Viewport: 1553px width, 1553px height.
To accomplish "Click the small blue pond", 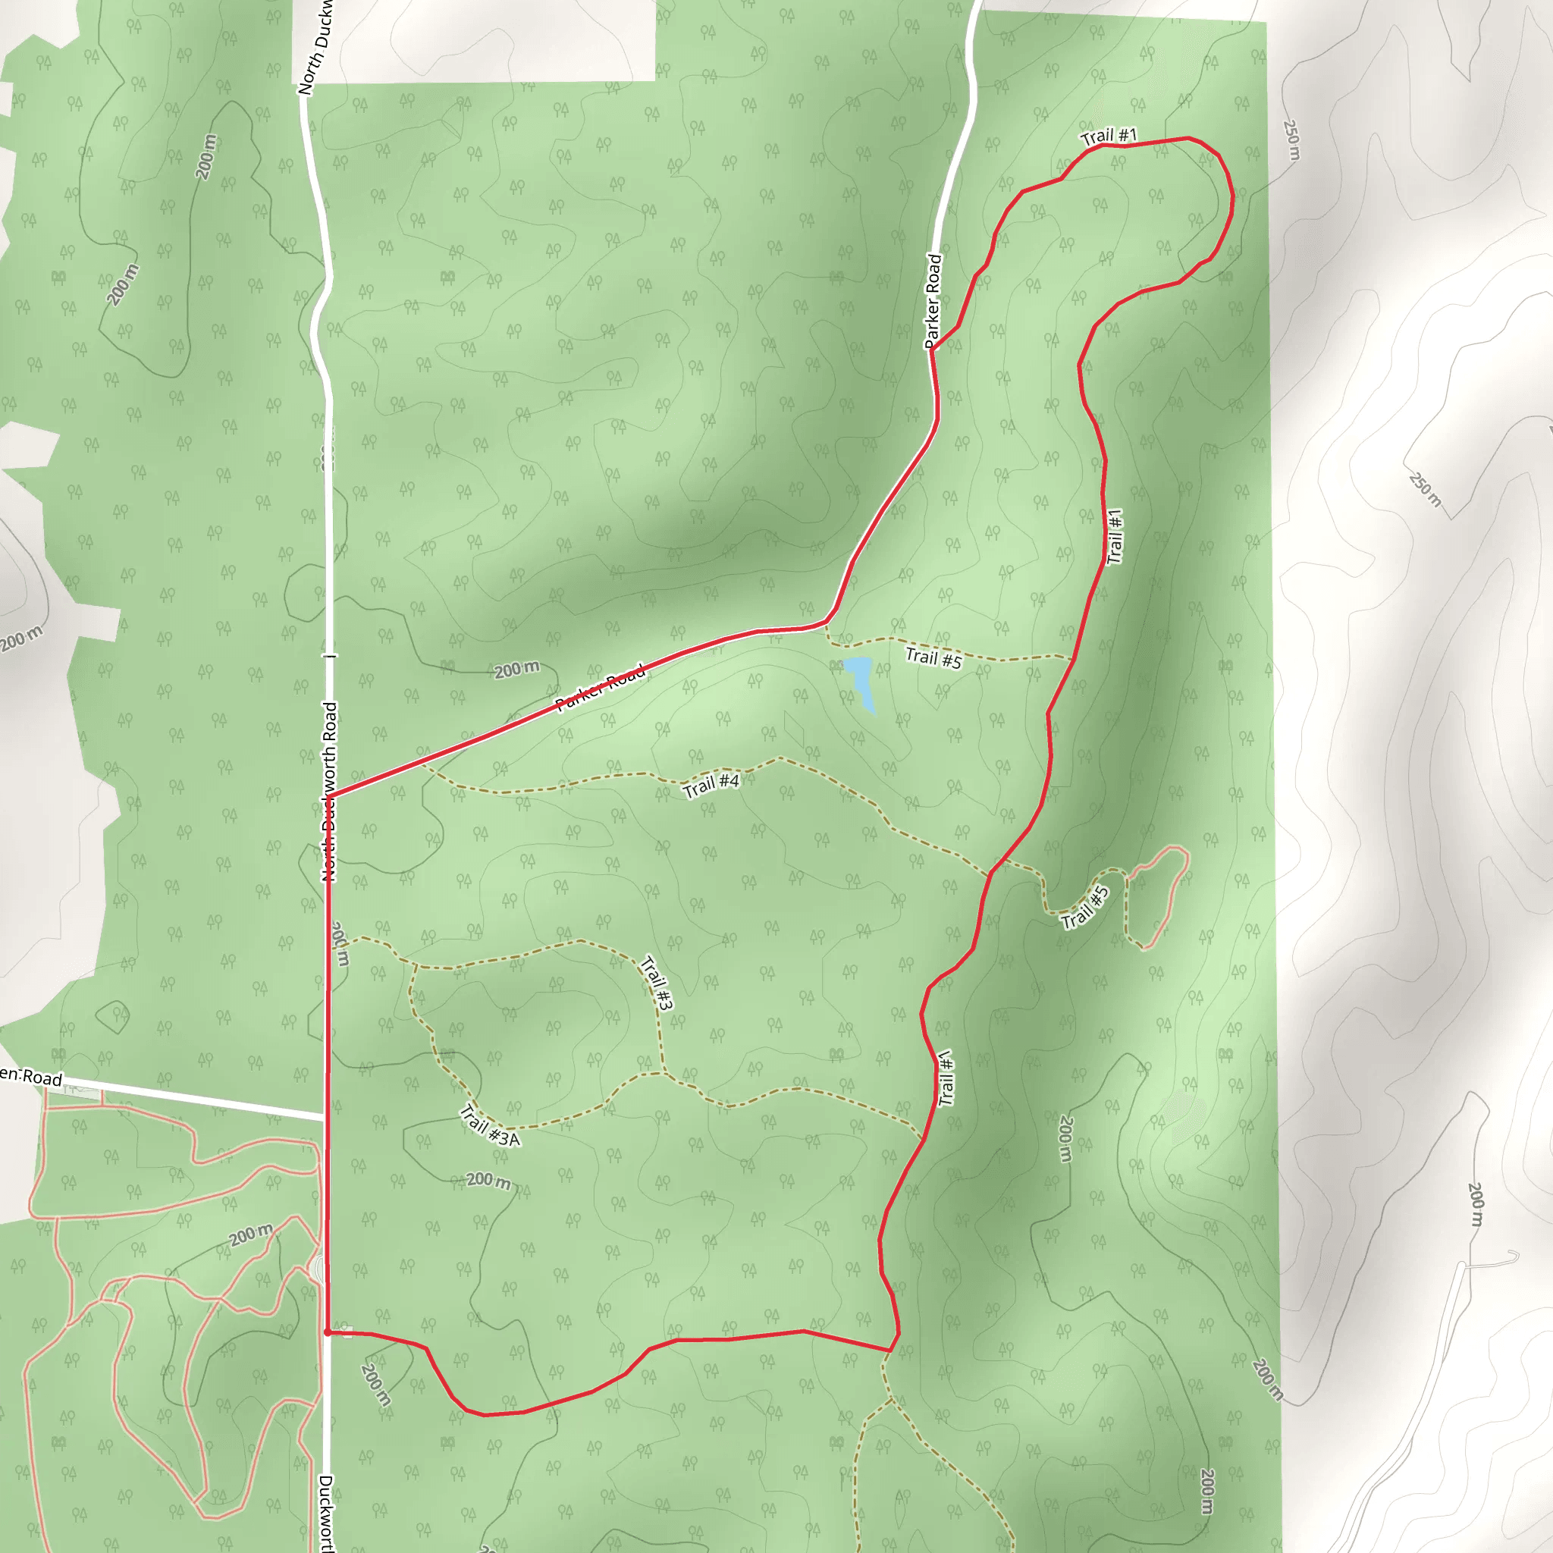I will tap(860, 680).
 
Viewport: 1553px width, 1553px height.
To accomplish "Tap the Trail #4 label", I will tap(711, 785).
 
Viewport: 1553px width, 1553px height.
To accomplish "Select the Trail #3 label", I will tap(657, 982).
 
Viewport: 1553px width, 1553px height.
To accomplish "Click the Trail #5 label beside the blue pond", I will tap(933, 658).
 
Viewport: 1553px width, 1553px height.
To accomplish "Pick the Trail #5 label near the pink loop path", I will tap(1085, 908).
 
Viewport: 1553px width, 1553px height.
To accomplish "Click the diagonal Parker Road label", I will tap(601, 687).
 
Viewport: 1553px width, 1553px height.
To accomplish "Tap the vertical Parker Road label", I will tap(933, 300).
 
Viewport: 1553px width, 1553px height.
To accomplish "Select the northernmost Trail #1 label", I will tap(1109, 136).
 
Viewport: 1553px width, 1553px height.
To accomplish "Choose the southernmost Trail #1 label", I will tap(946, 1078).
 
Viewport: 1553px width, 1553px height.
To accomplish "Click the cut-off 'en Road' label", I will tap(30, 1076).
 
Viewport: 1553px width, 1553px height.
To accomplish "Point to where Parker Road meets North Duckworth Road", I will tap(330, 797).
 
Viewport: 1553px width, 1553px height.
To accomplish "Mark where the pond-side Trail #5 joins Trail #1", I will tap(1073, 657).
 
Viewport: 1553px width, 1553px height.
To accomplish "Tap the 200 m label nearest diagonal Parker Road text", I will tap(516, 669).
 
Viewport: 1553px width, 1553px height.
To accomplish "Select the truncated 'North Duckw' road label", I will tap(315, 49).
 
